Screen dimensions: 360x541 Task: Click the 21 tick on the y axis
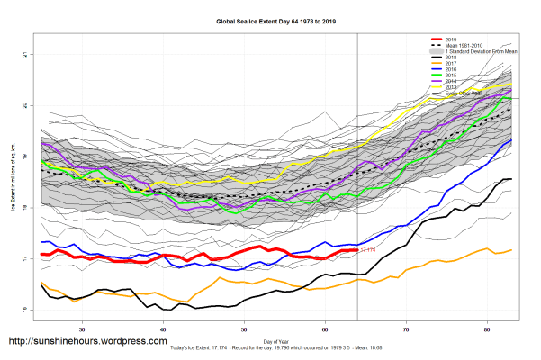click(x=23, y=55)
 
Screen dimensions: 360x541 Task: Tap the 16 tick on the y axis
click(x=23, y=310)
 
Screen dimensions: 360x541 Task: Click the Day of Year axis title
click(x=275, y=341)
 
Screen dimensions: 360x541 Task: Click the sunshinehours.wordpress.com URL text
click(x=87, y=342)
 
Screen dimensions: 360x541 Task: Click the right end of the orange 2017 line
click(x=511, y=249)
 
